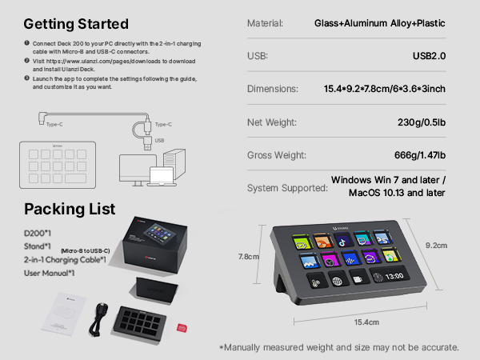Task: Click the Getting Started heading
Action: click(x=76, y=23)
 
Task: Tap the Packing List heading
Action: click(x=70, y=209)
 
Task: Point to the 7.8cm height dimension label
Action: click(x=250, y=258)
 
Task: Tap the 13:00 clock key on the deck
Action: click(x=391, y=280)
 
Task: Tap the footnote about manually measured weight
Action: click(x=339, y=347)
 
